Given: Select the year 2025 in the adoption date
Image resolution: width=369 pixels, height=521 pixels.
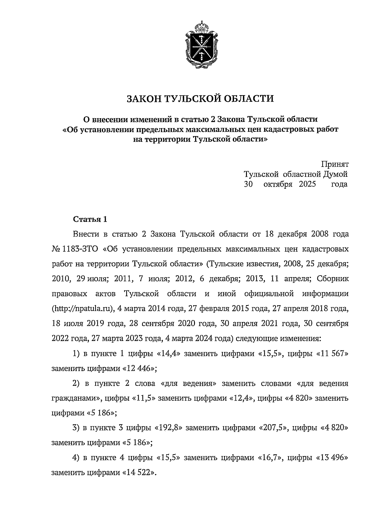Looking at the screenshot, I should coord(307,184).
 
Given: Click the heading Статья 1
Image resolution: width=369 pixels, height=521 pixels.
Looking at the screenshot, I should coord(90,219).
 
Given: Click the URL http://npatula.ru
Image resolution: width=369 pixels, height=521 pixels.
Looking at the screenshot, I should coord(81,309).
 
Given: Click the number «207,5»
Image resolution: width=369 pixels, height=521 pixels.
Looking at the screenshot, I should coord(274,428).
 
